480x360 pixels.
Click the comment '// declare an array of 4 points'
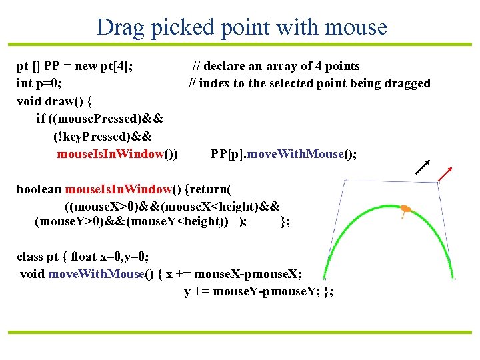(276, 66)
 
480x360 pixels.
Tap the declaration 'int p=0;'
(39, 83)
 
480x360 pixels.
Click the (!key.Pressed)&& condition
(103, 137)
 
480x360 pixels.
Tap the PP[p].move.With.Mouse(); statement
(283, 155)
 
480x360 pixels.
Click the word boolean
(39, 189)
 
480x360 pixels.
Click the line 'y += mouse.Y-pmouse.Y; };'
(259, 291)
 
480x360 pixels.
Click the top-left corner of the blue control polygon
(345, 181)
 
